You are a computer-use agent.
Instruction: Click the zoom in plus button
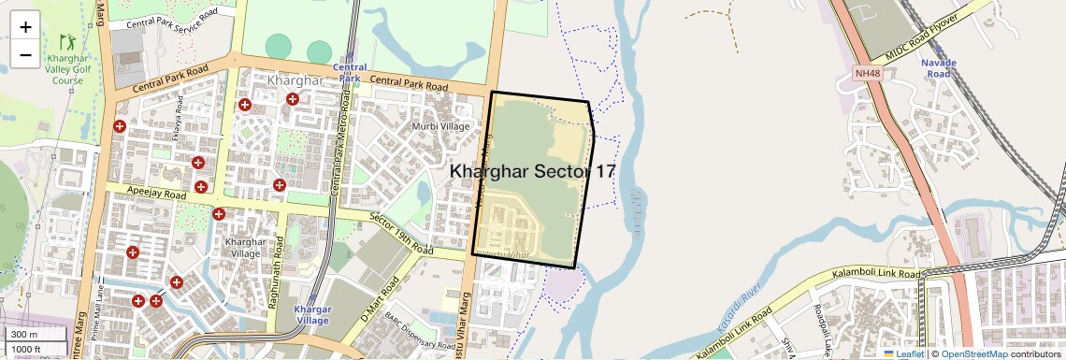pyautogui.click(x=25, y=27)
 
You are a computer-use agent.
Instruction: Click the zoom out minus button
pyautogui.click(x=25, y=55)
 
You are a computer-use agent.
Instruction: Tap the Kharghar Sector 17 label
pyautogui.click(x=533, y=171)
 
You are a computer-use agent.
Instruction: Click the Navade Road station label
pyautogui.click(x=939, y=68)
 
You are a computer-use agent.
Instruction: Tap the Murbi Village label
pyautogui.click(x=441, y=126)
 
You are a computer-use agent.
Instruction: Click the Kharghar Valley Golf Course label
pyautogui.click(x=68, y=68)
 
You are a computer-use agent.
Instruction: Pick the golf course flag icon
pyautogui.click(x=67, y=41)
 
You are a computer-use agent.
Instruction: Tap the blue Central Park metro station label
pyautogui.click(x=350, y=73)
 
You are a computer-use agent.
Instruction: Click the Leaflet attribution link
pyautogui.click(x=903, y=353)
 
